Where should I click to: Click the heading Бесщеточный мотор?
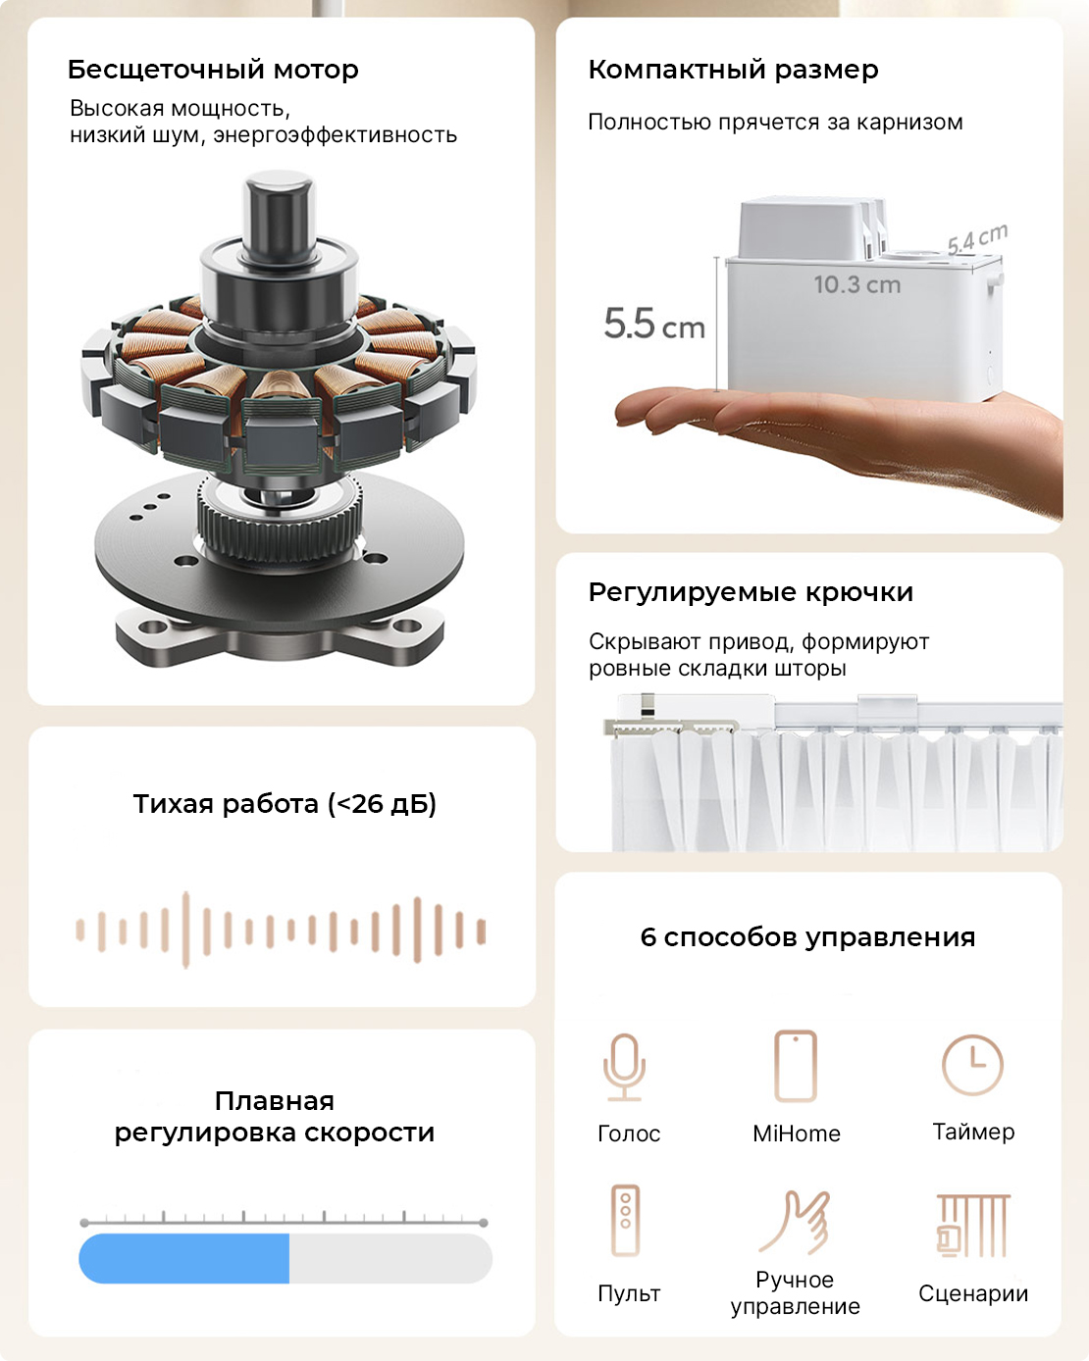click(x=213, y=71)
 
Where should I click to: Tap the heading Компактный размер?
click(x=734, y=71)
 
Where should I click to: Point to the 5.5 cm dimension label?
click(x=654, y=324)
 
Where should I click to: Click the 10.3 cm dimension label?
click(x=856, y=284)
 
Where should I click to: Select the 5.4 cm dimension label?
click(x=977, y=238)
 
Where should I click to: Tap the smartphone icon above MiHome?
click(x=796, y=1066)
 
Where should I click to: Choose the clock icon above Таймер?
click(x=972, y=1065)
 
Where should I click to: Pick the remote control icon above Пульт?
click(x=625, y=1221)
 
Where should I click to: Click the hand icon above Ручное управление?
click(x=795, y=1222)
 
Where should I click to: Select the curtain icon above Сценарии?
click(x=973, y=1226)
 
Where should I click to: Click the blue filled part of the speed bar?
click(x=184, y=1259)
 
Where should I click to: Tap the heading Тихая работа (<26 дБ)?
click(x=285, y=804)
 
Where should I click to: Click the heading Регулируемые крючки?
click(x=751, y=593)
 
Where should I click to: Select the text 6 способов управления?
click(x=807, y=937)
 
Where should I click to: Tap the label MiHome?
click(x=796, y=1134)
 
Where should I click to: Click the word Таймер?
click(x=973, y=1133)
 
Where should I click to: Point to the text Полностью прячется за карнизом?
click(x=775, y=123)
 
